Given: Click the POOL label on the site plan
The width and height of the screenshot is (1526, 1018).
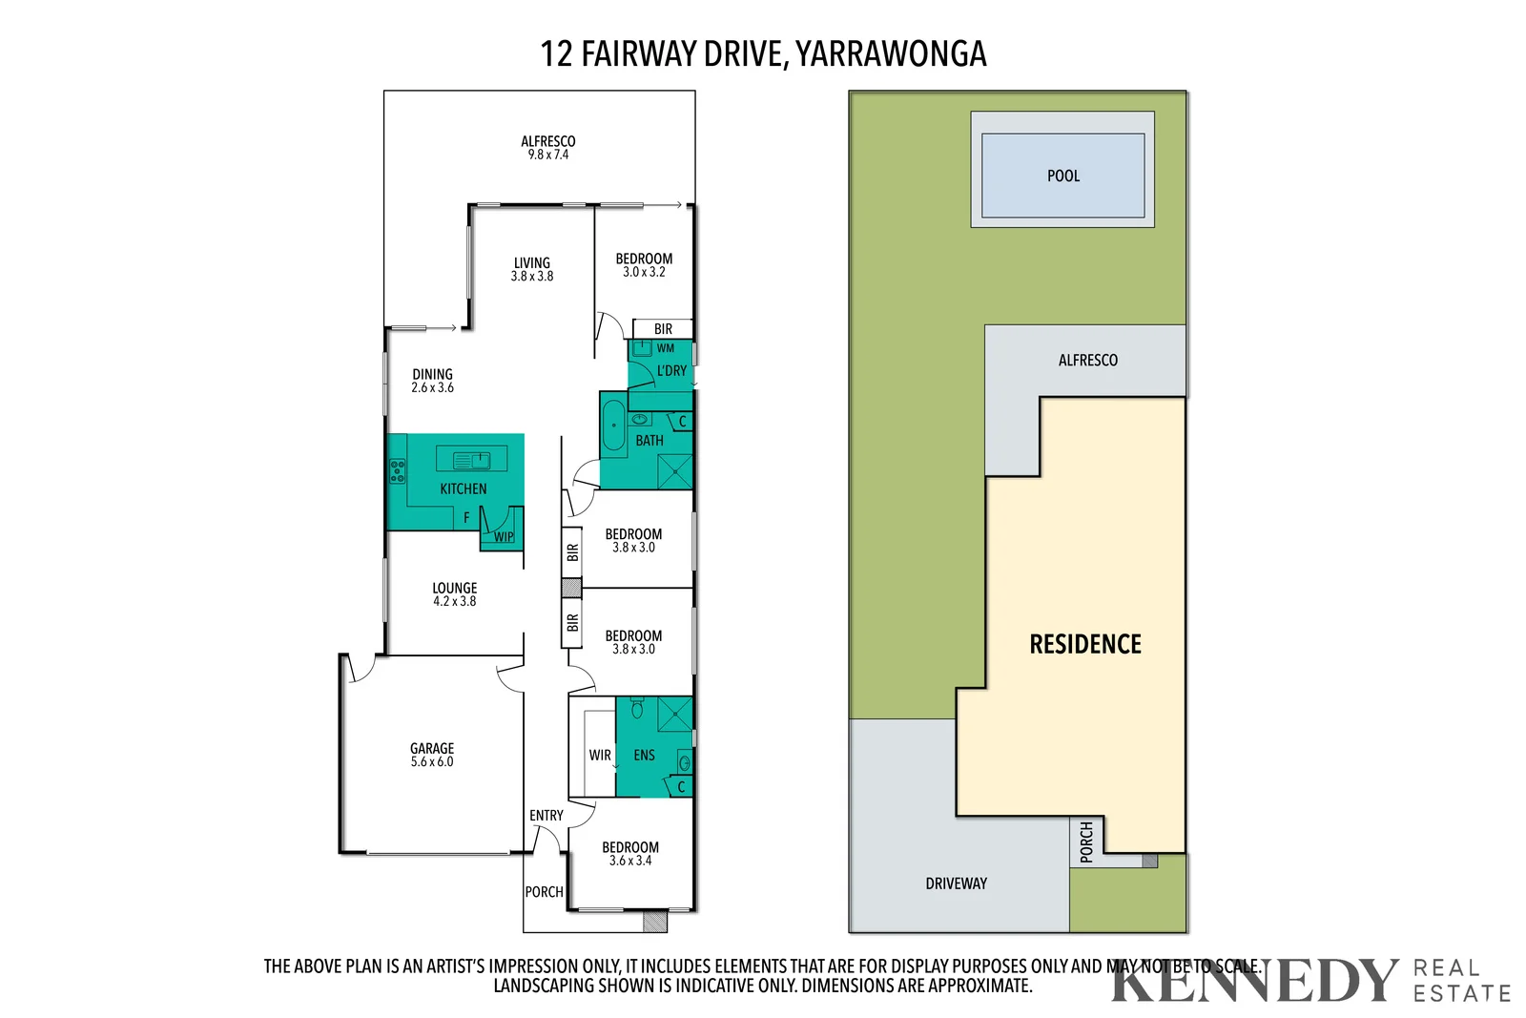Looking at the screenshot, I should pyautogui.click(x=1062, y=176).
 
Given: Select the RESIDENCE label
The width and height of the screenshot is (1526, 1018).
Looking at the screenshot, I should pyautogui.click(x=1084, y=644).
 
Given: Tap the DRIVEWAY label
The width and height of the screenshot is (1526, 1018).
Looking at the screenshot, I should pyautogui.click(x=956, y=883).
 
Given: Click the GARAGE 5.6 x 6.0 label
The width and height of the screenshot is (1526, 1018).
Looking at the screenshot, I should pyautogui.click(x=432, y=755).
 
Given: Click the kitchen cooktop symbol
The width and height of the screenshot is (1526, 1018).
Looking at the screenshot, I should pyautogui.click(x=397, y=470).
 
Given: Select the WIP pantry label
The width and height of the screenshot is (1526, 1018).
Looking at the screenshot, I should pyautogui.click(x=504, y=537).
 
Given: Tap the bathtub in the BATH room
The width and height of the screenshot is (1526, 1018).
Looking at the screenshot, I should pyautogui.click(x=613, y=426).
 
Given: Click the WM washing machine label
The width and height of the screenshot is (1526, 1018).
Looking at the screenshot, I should pyautogui.click(x=666, y=348).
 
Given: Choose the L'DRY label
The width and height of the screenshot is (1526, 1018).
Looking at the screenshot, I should pyautogui.click(x=671, y=371).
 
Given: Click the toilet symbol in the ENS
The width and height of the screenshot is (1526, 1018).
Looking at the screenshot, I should pyautogui.click(x=637, y=709).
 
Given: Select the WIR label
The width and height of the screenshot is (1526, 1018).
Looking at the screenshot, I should pyautogui.click(x=600, y=755).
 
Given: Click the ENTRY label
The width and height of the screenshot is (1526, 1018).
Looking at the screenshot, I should pyautogui.click(x=546, y=816).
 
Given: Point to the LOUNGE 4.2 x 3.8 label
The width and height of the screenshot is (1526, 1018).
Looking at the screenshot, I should pyautogui.click(x=454, y=594).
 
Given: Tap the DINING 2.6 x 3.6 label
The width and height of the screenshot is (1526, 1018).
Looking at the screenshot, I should pyautogui.click(x=432, y=381).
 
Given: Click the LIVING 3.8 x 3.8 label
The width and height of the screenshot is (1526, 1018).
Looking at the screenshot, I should pyautogui.click(x=531, y=269).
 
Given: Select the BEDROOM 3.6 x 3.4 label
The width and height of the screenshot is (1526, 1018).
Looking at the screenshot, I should pyautogui.click(x=629, y=853).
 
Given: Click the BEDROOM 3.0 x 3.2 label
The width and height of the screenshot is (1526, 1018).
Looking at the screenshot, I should pyautogui.click(x=644, y=264).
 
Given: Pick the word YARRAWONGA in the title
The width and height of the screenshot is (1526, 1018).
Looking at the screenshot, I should pyautogui.click(x=891, y=53).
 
